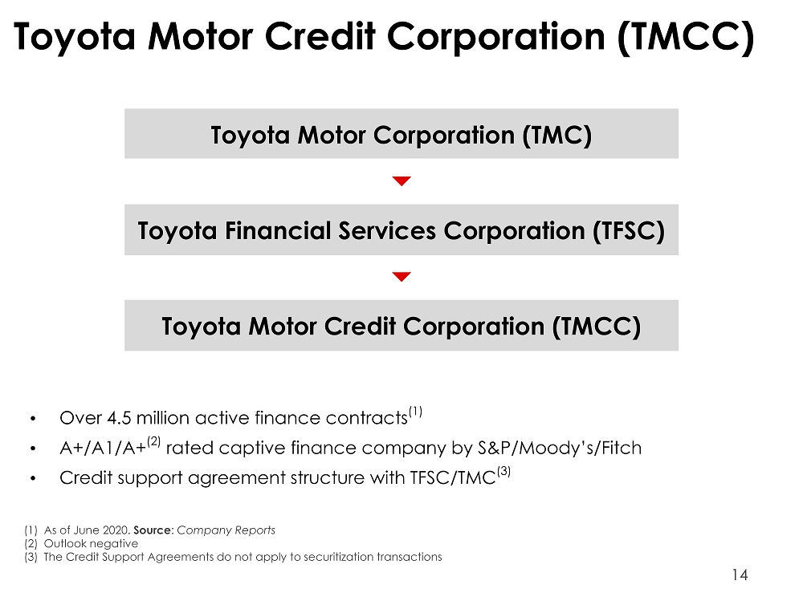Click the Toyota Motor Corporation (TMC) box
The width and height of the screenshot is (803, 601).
point(401,134)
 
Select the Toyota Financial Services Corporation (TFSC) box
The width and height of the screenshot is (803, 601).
point(401,229)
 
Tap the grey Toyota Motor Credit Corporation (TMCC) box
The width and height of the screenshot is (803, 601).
point(401,326)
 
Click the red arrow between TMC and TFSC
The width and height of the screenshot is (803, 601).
point(401,181)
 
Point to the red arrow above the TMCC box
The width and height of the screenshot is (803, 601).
point(401,277)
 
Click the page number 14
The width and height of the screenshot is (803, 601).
point(740,575)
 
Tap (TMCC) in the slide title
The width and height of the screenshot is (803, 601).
point(686,38)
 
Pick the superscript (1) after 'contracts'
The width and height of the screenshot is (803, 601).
point(415,412)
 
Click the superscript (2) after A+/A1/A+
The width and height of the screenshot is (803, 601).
point(153,441)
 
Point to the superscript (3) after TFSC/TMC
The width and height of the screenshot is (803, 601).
point(504,471)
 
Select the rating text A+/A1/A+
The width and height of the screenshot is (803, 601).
point(103,448)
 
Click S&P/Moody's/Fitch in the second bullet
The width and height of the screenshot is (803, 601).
point(560,448)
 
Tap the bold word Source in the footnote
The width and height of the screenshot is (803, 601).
point(152,530)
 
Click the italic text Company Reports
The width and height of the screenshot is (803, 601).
point(226,530)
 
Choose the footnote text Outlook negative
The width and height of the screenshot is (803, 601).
point(92,544)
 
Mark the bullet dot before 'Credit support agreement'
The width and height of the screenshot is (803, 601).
point(33,479)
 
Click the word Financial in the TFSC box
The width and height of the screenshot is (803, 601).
point(279,230)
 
